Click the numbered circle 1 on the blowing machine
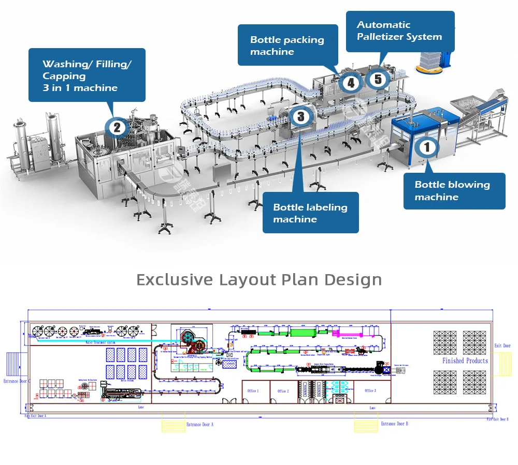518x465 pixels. coord(427,148)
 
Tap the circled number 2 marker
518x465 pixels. coord(117,127)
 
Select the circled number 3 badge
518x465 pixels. coord(301,116)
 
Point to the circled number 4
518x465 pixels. coord(351,82)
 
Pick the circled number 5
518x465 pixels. coord(378,79)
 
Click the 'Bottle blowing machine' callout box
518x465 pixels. coord(454,191)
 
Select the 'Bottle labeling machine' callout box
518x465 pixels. coord(310,213)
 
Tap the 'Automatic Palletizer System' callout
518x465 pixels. coord(400,31)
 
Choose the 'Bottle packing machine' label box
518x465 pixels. coord(287,46)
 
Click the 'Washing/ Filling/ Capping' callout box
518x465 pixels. coord(87,76)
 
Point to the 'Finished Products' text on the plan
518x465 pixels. coord(465,361)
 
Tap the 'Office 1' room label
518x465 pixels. coord(253,391)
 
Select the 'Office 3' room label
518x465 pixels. coord(370,391)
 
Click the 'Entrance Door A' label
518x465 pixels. coord(199,424)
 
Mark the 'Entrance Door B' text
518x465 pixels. coord(394,424)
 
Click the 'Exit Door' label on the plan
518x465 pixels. coord(502,346)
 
